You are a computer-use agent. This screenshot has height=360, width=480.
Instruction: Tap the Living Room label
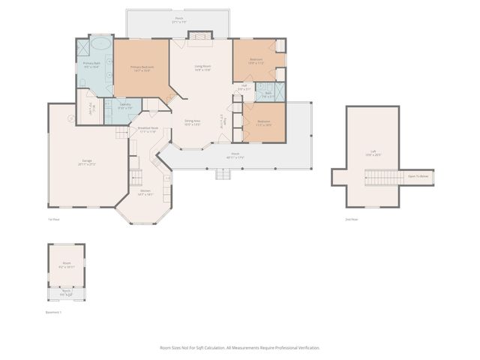click(x=202, y=68)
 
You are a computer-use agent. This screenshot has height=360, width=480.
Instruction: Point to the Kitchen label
click(x=145, y=192)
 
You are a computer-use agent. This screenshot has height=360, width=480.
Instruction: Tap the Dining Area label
click(x=193, y=122)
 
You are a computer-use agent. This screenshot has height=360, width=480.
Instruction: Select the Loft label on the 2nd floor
click(x=373, y=154)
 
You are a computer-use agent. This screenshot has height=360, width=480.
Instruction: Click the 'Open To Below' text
click(x=418, y=177)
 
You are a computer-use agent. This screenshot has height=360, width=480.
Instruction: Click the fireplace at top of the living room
click(x=200, y=34)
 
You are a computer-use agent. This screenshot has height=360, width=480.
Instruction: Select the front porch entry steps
click(x=223, y=174)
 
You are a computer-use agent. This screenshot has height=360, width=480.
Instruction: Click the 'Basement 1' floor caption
click(x=54, y=312)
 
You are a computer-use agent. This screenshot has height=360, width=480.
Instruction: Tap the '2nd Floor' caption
click(x=352, y=219)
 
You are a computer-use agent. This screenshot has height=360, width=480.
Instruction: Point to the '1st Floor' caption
click(x=53, y=219)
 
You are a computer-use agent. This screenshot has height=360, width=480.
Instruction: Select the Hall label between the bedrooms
click(x=244, y=87)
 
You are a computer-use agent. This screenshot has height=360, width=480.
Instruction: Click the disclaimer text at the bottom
click(x=239, y=348)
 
